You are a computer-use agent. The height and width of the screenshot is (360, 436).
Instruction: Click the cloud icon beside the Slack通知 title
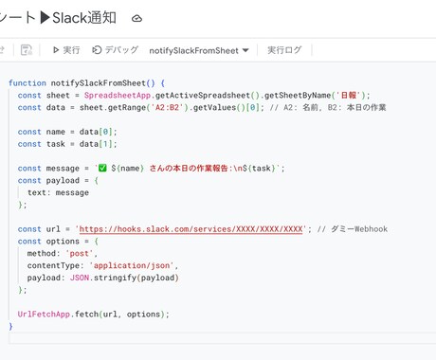coord(136,19)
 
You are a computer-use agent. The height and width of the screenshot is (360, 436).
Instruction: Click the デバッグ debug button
coord(115,50)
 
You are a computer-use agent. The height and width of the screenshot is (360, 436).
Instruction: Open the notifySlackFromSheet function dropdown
coord(199,50)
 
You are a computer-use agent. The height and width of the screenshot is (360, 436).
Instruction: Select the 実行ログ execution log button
coord(284,50)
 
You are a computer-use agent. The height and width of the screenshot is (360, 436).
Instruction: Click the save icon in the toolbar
coord(27,50)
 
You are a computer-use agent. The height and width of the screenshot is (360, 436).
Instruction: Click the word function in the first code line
coord(27,83)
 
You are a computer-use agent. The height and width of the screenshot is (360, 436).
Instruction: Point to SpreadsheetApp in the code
coord(118,96)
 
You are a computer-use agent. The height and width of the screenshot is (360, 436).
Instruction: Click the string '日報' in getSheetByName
coord(349,96)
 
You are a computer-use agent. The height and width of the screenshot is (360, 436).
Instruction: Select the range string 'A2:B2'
coord(167,107)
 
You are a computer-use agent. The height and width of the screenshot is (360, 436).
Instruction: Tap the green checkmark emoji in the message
coord(102,168)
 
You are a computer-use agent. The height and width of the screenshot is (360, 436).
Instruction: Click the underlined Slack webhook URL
coord(191,229)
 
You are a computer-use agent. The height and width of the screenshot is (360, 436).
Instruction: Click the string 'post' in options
coord(80,253)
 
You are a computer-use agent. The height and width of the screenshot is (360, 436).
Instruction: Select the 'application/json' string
coord(132,265)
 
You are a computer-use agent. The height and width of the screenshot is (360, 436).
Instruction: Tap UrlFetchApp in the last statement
coord(44,315)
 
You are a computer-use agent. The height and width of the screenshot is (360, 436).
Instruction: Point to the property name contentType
coord(53,265)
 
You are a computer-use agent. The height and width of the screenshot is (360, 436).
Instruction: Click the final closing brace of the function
coord(11,326)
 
